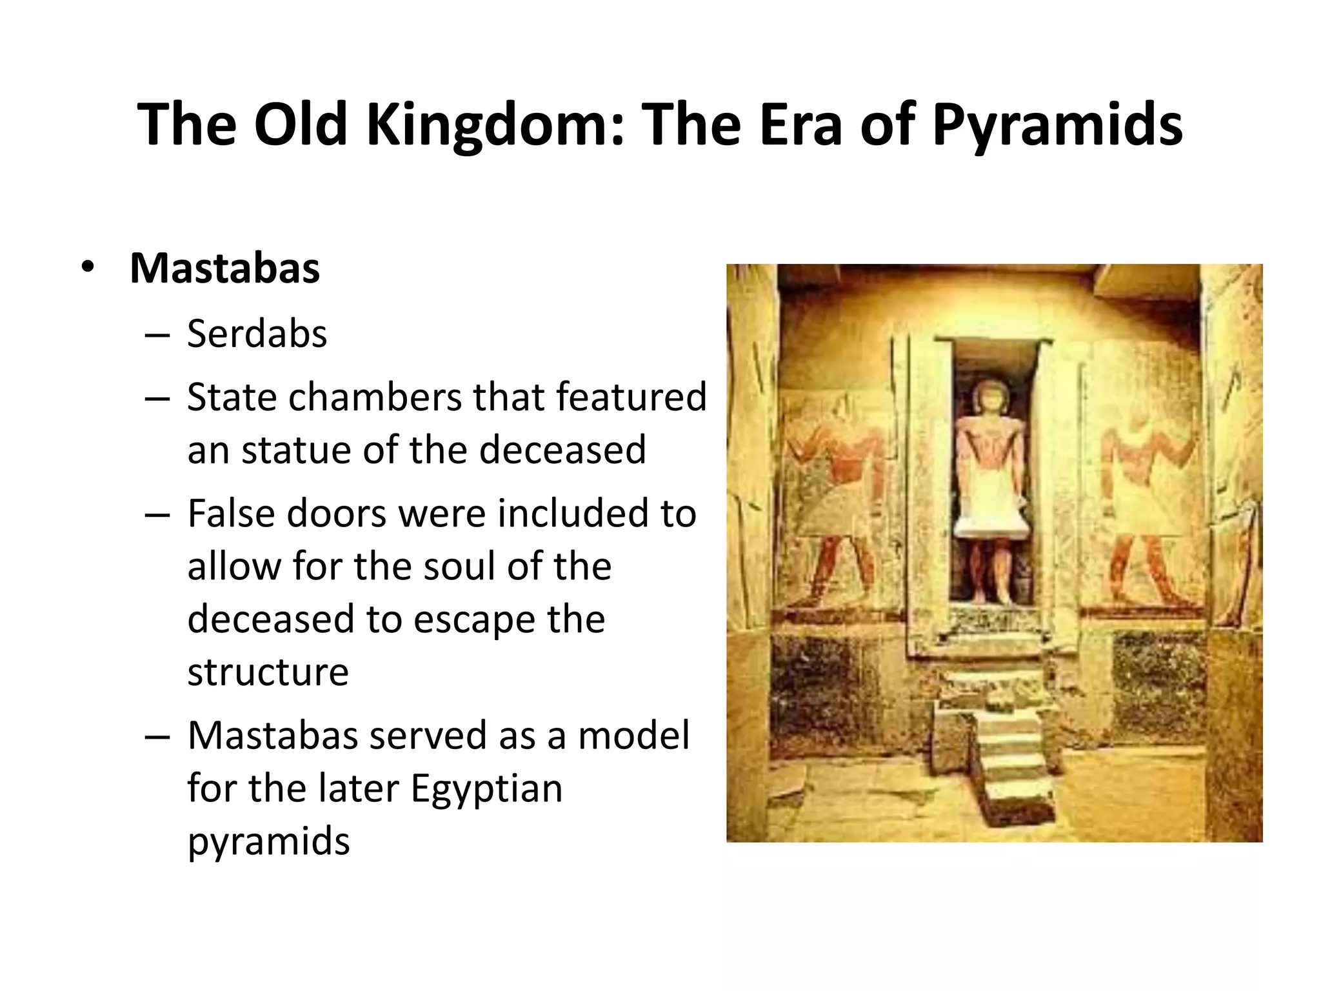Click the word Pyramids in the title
click(1057, 125)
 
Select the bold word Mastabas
click(224, 268)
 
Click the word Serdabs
click(257, 334)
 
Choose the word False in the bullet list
click(231, 514)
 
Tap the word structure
click(268, 672)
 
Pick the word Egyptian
click(486, 788)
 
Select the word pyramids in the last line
click(268, 841)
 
